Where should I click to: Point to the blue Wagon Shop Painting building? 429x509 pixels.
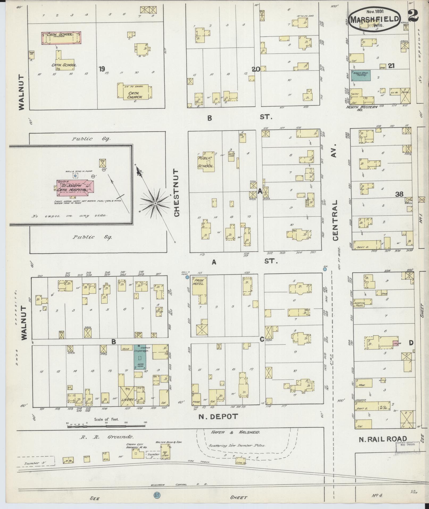[360, 75]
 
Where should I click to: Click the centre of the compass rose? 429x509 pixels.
[155, 203]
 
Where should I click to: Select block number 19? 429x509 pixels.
[101, 69]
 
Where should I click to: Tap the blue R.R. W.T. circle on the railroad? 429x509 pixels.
[157, 495]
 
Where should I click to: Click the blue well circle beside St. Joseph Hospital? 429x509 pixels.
[76, 176]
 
